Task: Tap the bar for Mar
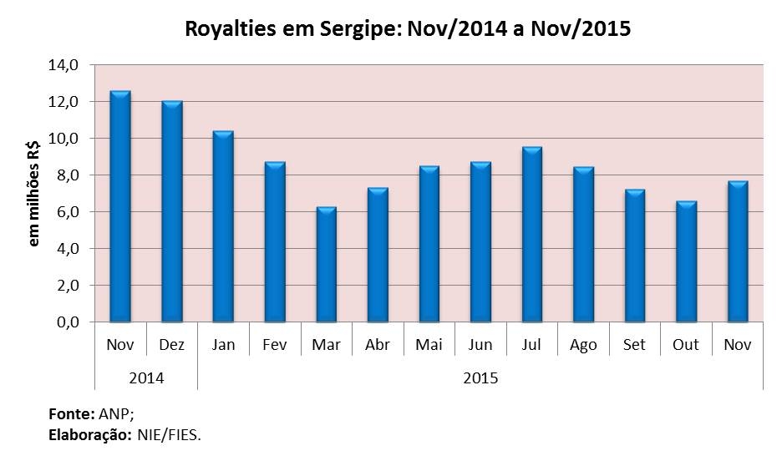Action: [327, 265]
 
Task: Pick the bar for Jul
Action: [532, 235]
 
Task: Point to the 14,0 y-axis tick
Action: [64, 64]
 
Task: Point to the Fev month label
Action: [274, 345]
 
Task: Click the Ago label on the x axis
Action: [583, 345]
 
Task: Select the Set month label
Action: [634, 345]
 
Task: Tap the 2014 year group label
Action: [146, 377]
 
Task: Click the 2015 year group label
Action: [480, 377]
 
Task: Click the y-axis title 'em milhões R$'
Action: [34, 193]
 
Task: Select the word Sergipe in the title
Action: [350, 30]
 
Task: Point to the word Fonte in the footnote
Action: [71, 413]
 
